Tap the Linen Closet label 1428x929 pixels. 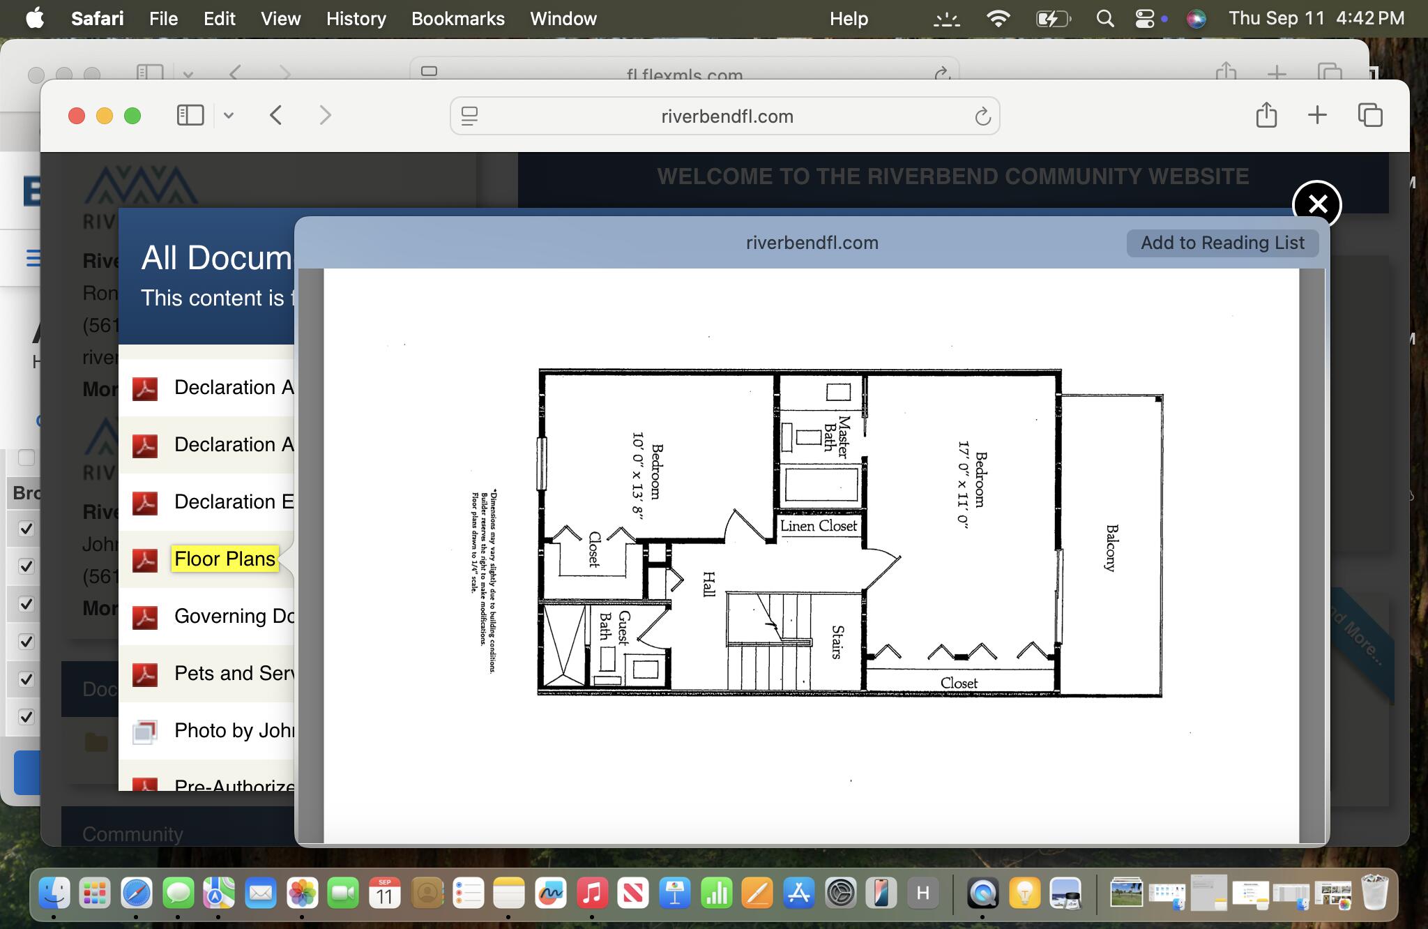point(818,526)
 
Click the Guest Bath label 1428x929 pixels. point(614,627)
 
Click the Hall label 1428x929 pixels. point(708,584)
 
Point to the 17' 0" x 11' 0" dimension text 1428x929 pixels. point(963,485)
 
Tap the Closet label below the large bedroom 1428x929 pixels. point(959,683)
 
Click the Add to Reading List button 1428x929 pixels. point(1222,243)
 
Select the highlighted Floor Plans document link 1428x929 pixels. point(225,559)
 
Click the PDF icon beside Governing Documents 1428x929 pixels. point(145,617)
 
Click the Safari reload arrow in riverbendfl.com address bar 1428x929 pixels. point(982,116)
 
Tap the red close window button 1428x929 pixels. point(77,116)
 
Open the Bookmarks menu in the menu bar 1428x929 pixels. point(457,19)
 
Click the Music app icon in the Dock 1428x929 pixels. point(591,893)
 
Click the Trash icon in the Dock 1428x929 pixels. point(1374,893)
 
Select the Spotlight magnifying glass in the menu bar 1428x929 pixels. point(1104,19)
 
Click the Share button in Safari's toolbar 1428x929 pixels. point(1266,115)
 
